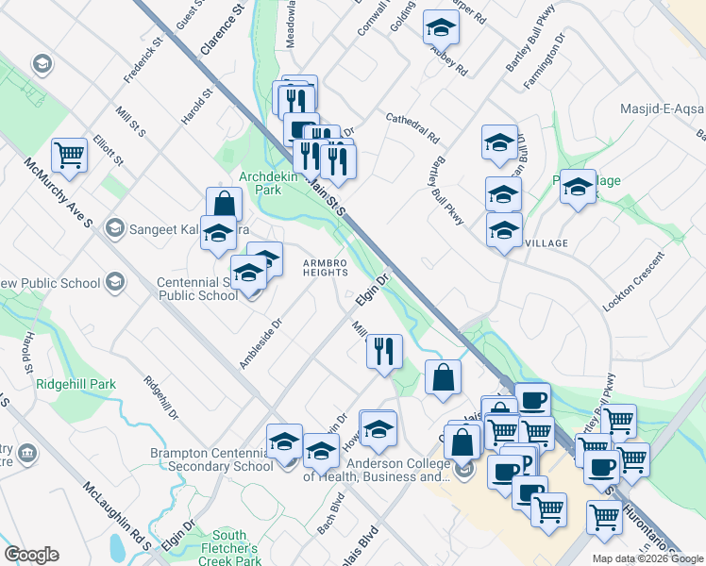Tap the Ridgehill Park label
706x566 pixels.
(76, 384)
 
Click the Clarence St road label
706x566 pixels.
(223, 27)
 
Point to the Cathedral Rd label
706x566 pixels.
(412, 127)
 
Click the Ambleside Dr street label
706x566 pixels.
(261, 344)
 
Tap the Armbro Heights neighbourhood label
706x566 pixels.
(326, 267)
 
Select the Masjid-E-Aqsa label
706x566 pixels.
(662, 109)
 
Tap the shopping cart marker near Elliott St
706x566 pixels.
(69, 156)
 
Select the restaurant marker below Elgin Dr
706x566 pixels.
(384, 353)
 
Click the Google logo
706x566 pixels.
(31, 554)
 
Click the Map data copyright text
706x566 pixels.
(647, 558)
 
